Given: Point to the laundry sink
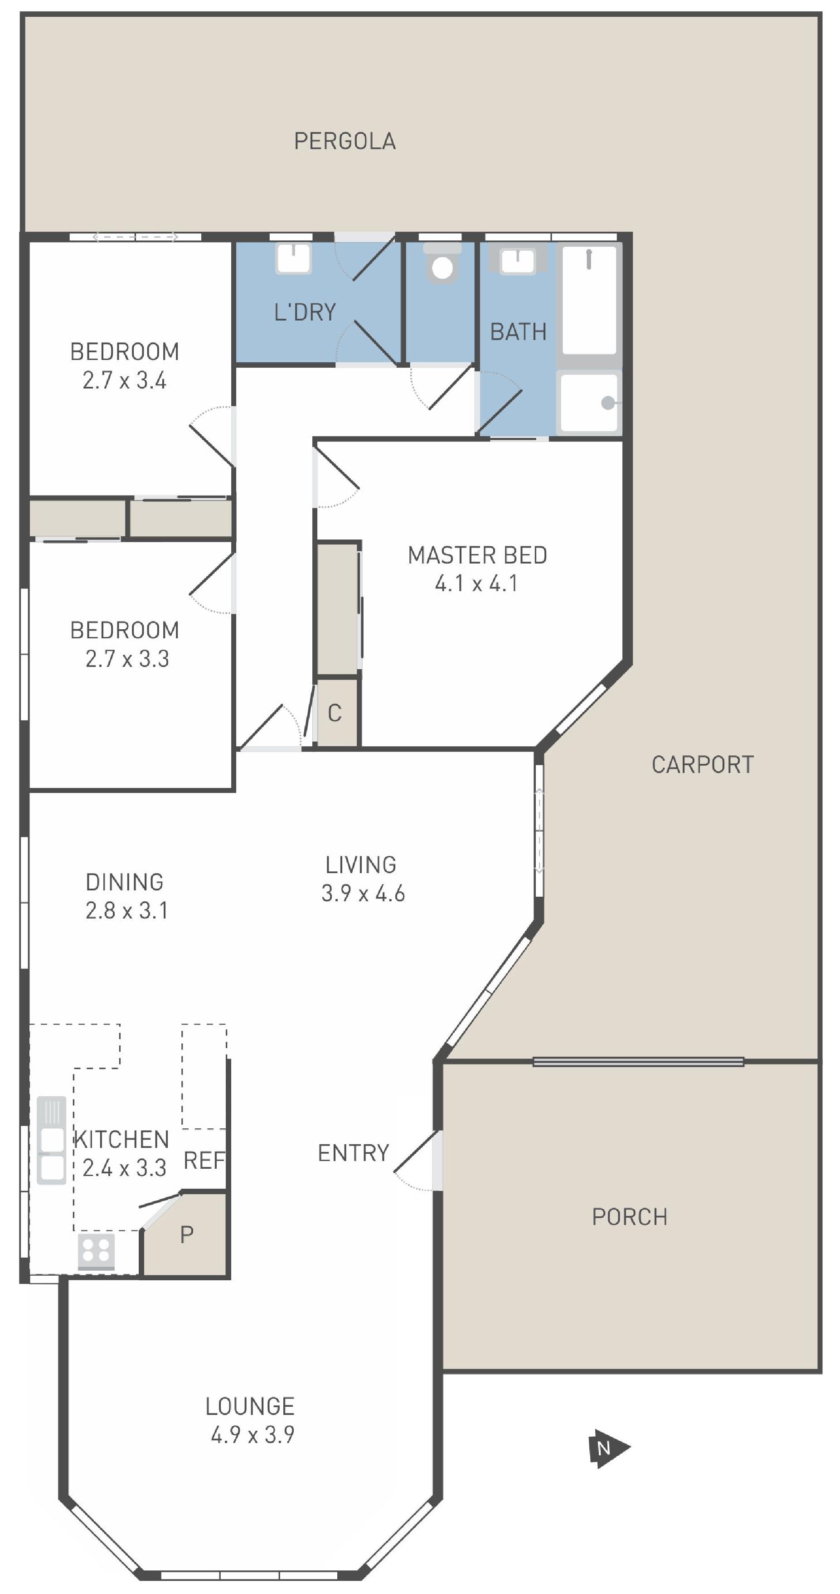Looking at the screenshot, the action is [294, 258].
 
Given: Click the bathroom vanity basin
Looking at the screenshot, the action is [517, 259].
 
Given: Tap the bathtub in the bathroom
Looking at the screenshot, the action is [589, 299].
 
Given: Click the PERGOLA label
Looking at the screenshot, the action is [345, 141].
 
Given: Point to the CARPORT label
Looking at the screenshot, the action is [703, 764].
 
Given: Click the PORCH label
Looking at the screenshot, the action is [630, 1216].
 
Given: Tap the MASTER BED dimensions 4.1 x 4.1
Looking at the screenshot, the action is [476, 583].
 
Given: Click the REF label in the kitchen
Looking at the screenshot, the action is [204, 1160].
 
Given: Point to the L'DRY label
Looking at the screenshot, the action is [305, 312].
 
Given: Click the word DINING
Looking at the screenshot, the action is [124, 882].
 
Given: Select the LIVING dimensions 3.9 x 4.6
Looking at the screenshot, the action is [363, 893].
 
